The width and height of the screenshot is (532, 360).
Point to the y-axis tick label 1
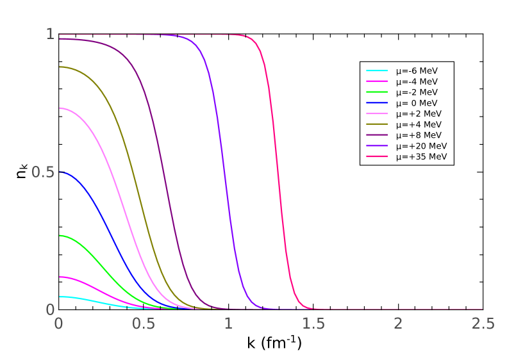pyautogui.click(x=50, y=35)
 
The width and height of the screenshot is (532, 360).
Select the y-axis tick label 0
pyautogui.click(x=50, y=309)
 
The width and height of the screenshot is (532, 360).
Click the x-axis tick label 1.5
pyautogui.click(x=313, y=323)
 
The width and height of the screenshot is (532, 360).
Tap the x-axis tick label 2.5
pyautogui.click(x=483, y=323)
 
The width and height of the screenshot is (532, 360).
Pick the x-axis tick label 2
pyautogui.click(x=398, y=323)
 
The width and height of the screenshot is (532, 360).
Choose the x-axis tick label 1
pyautogui.click(x=228, y=323)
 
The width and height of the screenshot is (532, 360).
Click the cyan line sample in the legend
pyautogui.click(x=377, y=70)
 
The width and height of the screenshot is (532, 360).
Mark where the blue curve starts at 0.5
pyautogui.click(x=59, y=172)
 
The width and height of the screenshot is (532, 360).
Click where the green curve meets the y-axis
pyautogui.click(x=59, y=235)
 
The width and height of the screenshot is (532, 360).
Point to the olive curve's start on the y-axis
pyautogui.click(x=59, y=67)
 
